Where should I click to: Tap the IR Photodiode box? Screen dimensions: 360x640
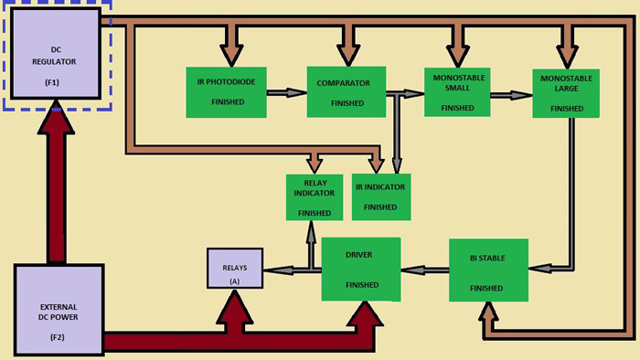coord(226,91)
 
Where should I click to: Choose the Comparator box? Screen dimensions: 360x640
coord(345,91)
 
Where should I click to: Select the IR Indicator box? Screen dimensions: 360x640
coord(381,196)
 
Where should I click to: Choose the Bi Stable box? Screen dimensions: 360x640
coord(488,270)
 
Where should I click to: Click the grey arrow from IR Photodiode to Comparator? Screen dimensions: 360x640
coord(285,92)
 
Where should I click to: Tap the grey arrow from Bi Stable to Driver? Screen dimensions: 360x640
coord(425,270)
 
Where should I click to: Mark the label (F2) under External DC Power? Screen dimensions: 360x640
coord(57,337)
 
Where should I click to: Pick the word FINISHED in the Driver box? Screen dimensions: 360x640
coord(361,285)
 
